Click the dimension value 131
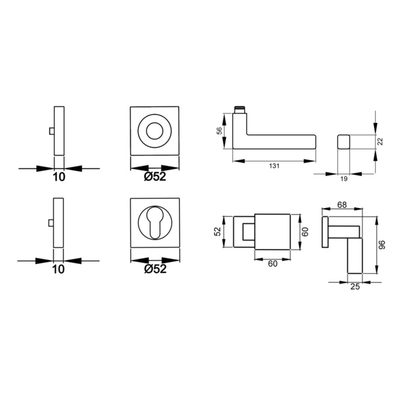coord(274,166)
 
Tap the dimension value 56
coord(219,131)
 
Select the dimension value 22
coord(380,141)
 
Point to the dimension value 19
coord(343,179)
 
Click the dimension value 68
coord(341,205)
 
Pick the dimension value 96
coord(382,245)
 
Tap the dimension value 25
coord(355,286)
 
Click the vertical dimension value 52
coord(218,231)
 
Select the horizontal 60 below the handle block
coord(273,264)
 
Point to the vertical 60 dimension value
coord(305,232)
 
